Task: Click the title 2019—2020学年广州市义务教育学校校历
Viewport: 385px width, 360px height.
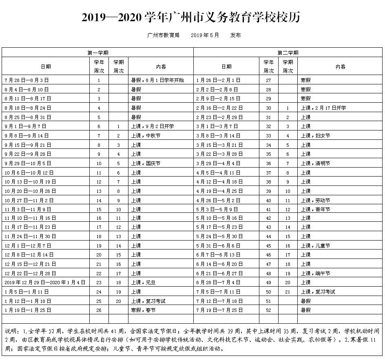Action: pos(192,18)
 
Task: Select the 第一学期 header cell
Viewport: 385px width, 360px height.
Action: pos(98,53)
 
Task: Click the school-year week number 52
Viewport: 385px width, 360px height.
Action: pos(268,310)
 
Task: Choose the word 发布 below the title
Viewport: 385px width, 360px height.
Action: pos(235,35)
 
